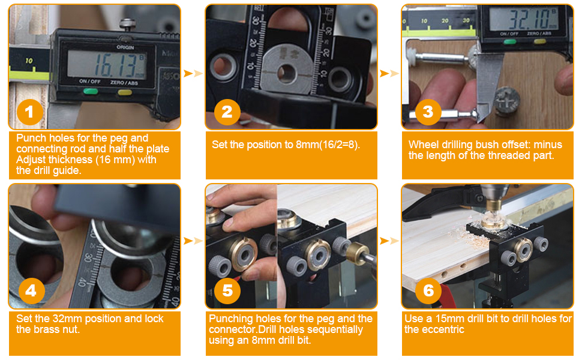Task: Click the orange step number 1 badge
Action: [x=29, y=112]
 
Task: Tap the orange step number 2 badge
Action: [x=227, y=112]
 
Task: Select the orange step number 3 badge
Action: [x=428, y=112]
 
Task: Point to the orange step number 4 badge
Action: [x=31, y=290]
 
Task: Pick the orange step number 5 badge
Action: [x=227, y=290]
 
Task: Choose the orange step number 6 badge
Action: [x=428, y=290]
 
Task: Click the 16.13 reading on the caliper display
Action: [x=116, y=65]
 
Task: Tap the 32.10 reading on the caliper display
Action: [x=528, y=19]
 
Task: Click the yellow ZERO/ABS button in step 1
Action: [x=124, y=92]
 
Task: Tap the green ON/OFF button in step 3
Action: [x=509, y=41]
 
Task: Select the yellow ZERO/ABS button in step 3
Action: [x=539, y=41]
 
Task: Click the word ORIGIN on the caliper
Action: [x=125, y=47]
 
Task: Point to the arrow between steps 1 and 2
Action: [x=193, y=73]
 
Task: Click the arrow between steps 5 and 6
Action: [x=389, y=241]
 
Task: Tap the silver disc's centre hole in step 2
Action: [x=287, y=73]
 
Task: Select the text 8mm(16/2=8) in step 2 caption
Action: [x=328, y=145]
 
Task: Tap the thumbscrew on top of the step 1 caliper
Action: [x=127, y=25]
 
